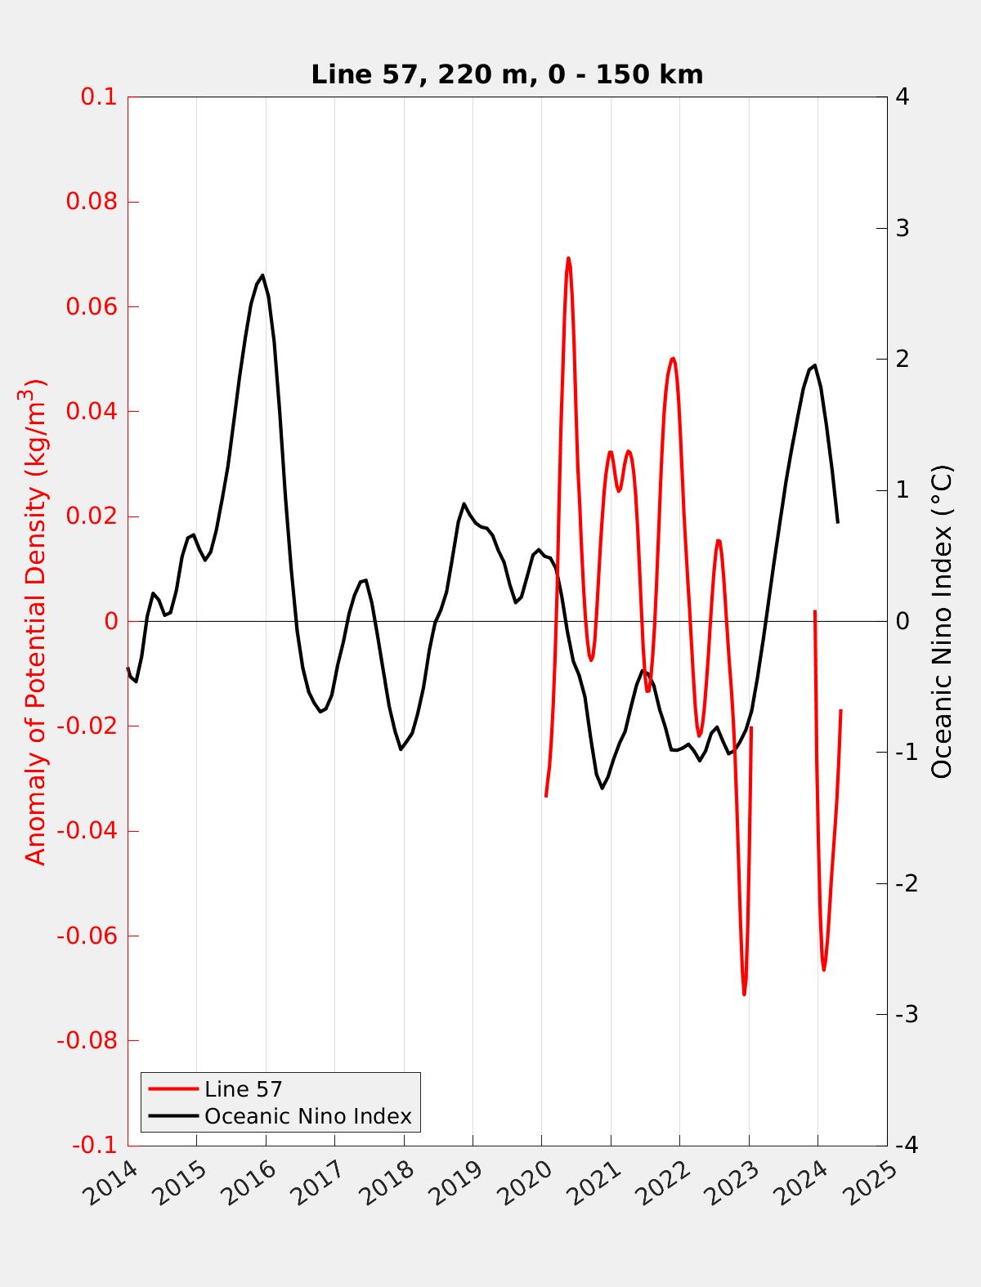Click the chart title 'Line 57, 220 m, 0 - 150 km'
[x=507, y=74]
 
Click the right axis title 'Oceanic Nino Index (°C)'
[x=942, y=621]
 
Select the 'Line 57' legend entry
[x=243, y=1088]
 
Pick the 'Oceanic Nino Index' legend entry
[x=307, y=1116]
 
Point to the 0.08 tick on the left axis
[x=96, y=202]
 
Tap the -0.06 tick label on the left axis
[x=87, y=936]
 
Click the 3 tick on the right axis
[x=903, y=228]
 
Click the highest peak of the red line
[x=568, y=258]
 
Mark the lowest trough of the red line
[x=745, y=994]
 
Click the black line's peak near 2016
[x=262, y=275]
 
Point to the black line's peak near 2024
[x=814, y=365]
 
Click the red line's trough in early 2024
[x=823, y=969]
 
